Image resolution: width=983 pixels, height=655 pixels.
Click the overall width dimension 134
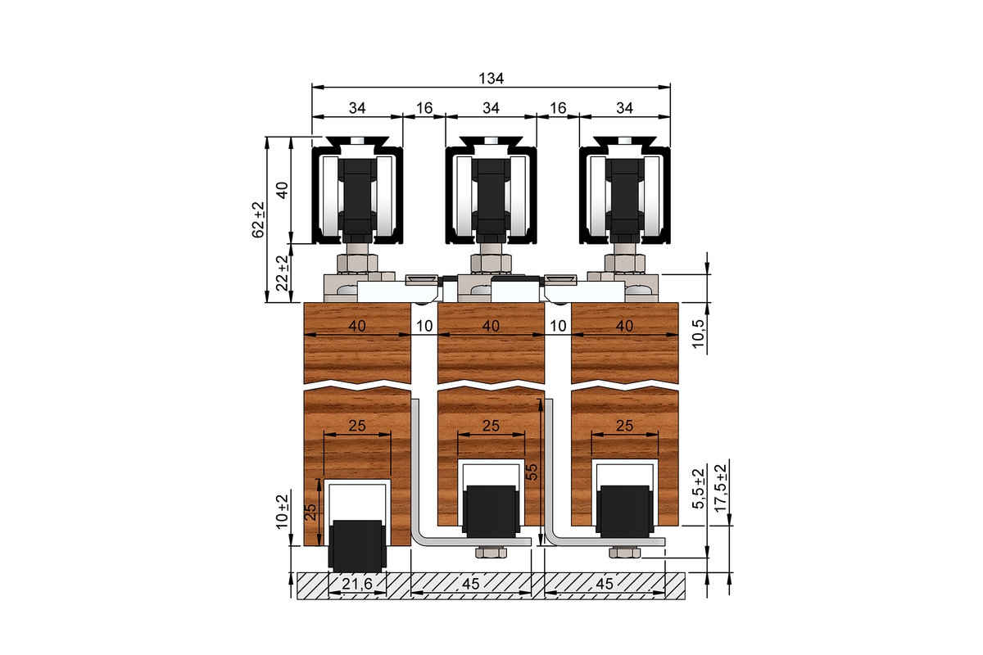point(491,79)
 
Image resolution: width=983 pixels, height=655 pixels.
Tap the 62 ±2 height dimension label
point(259,219)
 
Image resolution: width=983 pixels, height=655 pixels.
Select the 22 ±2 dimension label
point(283,273)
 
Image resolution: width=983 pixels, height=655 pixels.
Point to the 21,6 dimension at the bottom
point(357,584)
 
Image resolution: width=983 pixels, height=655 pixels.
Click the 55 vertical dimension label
point(532,472)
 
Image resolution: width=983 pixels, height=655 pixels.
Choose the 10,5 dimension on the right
point(698,334)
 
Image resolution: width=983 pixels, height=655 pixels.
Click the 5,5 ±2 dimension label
point(698,489)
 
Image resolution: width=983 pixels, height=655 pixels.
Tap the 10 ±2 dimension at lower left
point(282,512)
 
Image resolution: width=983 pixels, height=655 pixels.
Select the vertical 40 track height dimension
point(282,190)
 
